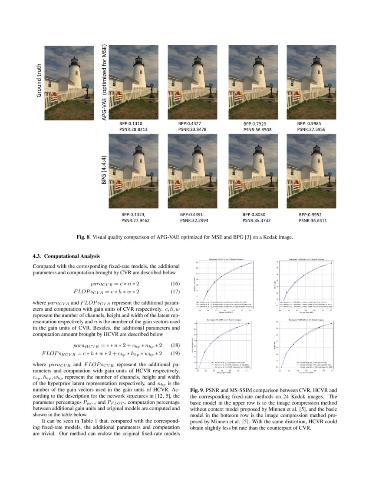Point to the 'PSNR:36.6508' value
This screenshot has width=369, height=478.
coord(258,129)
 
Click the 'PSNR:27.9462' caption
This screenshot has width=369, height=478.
coord(137,220)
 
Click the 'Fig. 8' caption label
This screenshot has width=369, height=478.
coord(83,237)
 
